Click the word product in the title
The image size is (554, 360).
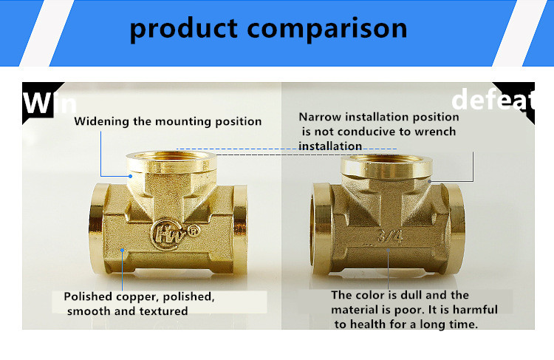point(184,29)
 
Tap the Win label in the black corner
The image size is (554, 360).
point(49,103)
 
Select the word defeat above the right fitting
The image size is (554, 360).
point(493,100)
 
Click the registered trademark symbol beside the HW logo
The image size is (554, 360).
point(194,231)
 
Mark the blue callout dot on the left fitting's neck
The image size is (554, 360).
point(130,176)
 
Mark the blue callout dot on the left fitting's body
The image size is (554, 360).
point(122,250)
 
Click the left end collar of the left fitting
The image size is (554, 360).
point(98,228)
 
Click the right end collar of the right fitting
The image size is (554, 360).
point(456,228)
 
